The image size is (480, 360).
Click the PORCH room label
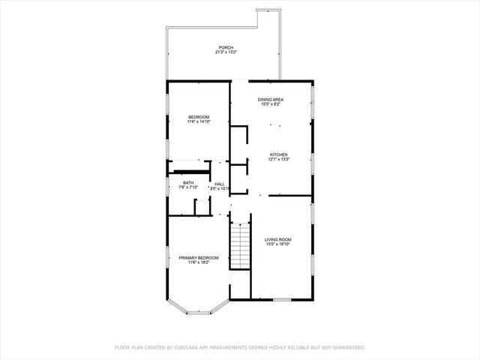[x=226, y=48]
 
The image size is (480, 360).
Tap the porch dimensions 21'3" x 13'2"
[x=226, y=52]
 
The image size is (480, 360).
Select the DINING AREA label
[x=271, y=100]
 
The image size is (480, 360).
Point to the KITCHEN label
[x=278, y=154]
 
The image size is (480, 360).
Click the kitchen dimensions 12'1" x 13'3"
[x=278, y=159]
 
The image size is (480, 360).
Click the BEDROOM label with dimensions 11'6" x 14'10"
[x=199, y=116]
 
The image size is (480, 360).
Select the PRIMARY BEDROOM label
[x=199, y=257]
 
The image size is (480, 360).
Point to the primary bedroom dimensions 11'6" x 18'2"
[x=199, y=262]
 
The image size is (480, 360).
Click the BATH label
[x=188, y=182]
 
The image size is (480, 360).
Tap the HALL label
[x=220, y=184]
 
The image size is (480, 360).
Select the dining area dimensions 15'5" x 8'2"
[x=271, y=104]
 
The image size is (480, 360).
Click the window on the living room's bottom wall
[x=281, y=300]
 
